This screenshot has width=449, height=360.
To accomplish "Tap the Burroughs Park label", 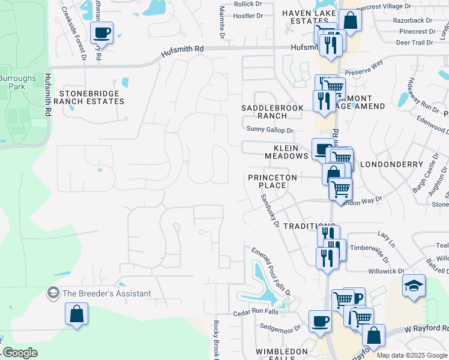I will (17, 82).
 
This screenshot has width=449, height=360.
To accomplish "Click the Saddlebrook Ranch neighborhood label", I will (265, 112).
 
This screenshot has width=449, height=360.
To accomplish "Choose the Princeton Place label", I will (273, 181).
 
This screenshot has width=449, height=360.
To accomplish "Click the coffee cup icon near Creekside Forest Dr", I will (101, 32).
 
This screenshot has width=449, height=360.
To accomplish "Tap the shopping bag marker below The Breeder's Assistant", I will (77, 314).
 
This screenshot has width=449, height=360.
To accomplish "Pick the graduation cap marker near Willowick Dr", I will (414, 286).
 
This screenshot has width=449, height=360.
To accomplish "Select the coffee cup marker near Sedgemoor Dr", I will (320, 321).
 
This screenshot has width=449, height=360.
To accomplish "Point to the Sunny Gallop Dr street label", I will (270, 130).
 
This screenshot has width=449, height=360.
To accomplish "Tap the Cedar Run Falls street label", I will (255, 313).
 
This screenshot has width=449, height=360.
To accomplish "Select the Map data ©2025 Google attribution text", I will (411, 355).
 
